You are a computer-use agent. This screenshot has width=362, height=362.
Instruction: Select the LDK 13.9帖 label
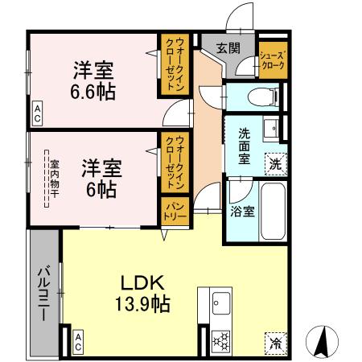click(x=143, y=293)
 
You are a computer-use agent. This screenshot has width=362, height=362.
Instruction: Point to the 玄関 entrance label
click(x=228, y=48)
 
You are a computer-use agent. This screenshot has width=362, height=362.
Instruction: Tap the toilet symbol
click(x=259, y=97)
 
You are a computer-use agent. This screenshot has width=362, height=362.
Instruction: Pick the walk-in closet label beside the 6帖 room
click(x=175, y=161)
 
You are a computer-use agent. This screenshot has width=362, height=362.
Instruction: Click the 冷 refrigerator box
click(x=276, y=340)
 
